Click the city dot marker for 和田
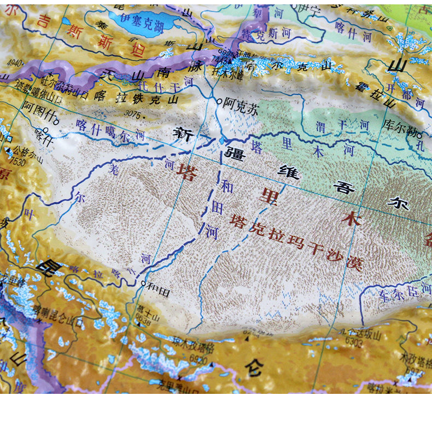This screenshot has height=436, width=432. pyautogui.click(x=143, y=284)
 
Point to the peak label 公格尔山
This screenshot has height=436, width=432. pyautogui.click(x=27, y=154)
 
